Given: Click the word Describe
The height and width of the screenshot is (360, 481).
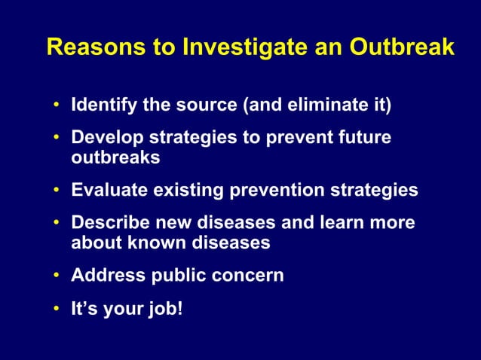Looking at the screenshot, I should pyautogui.click(x=106, y=224).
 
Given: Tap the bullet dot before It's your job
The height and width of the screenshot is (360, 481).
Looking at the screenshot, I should pyautogui.click(x=57, y=310).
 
